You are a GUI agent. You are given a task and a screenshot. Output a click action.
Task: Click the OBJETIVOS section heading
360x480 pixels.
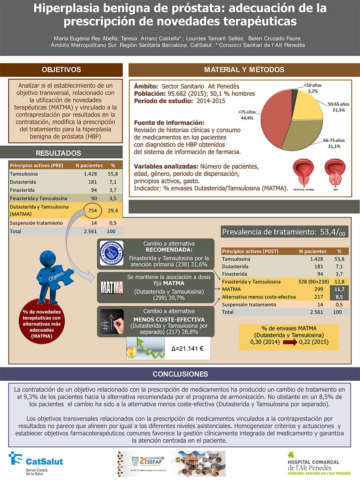[x=61, y=70]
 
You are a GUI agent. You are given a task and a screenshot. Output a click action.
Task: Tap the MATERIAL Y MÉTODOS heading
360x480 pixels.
[x=244, y=70]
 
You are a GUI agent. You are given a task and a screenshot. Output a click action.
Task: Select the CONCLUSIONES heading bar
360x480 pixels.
[x=180, y=374]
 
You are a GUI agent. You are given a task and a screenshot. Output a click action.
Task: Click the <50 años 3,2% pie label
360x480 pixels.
[x=312, y=88]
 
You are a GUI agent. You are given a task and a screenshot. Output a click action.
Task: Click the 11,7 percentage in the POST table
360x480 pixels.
[x=339, y=289]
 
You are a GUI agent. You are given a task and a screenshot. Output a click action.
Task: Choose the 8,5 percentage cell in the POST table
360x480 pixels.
[x=339, y=297]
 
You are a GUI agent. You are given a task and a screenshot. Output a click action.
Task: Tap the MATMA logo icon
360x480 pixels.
[x=112, y=287]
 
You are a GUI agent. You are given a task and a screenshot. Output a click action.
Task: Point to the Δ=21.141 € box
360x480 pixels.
[x=188, y=348]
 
